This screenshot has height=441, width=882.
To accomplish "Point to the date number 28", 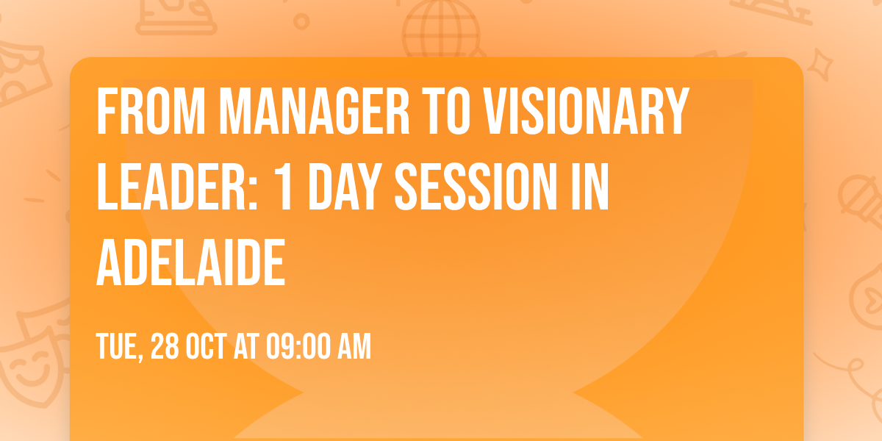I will (166, 346).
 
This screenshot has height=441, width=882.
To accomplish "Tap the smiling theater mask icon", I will (29, 367).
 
